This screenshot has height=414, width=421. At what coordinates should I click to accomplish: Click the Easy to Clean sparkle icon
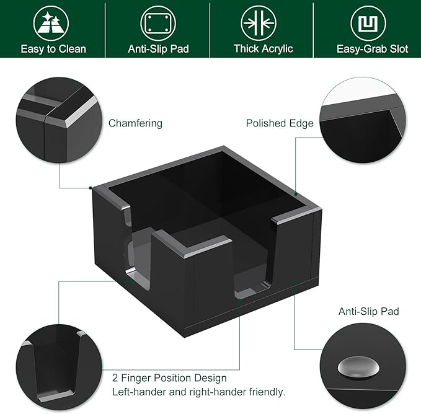pos(53,23)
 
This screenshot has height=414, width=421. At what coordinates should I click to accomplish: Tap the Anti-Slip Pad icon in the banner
pos(157,23)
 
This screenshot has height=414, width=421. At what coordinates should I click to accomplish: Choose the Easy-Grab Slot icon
pos(368,23)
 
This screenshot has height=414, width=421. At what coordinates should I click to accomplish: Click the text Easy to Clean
pos(53,48)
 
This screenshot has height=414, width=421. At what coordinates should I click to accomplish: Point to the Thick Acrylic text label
pos(263,48)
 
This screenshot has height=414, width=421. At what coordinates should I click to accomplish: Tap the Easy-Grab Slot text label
pos(372,48)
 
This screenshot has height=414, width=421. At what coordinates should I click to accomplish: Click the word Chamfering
pos(135,123)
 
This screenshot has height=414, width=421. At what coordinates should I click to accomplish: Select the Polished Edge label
pos(280,123)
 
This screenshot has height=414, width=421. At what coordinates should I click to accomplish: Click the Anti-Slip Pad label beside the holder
pos(368,311)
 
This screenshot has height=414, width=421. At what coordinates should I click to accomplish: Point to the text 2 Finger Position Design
pos(169,377)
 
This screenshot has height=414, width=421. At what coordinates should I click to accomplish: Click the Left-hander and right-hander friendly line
pos(198,392)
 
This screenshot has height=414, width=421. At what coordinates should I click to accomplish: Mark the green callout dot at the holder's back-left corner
pos(91,187)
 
